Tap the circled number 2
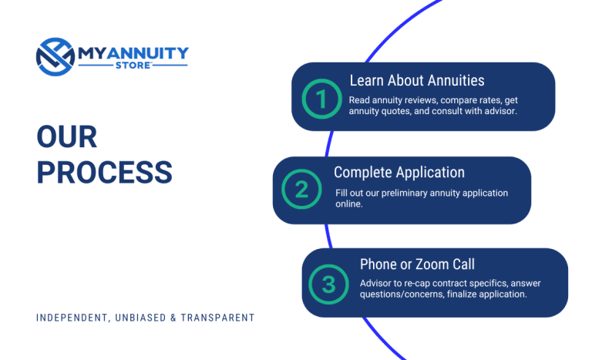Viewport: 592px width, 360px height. [x=301, y=190]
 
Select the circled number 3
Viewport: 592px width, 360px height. [x=329, y=284]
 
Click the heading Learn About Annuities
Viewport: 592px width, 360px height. [x=416, y=80]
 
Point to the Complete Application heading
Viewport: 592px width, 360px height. [x=399, y=172]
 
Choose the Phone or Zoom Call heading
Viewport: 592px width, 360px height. [x=417, y=264]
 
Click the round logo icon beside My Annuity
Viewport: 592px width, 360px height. [x=54, y=56]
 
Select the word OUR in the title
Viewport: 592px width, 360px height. [x=67, y=138]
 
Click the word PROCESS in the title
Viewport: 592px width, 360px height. [x=104, y=172]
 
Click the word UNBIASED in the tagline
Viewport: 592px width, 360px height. [x=143, y=318]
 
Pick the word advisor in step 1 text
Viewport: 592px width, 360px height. [x=496, y=111]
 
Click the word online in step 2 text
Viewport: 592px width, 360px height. [x=351, y=205]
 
